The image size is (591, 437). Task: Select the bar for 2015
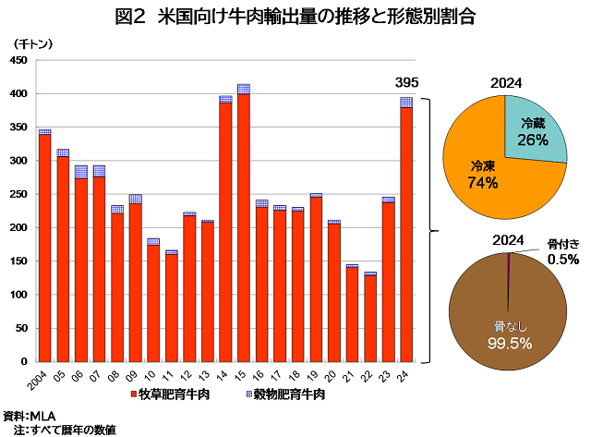click(x=243, y=226)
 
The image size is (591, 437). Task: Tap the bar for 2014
click(x=225, y=231)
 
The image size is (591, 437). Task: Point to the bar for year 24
click(x=405, y=231)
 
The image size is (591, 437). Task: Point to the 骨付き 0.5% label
click(x=561, y=251)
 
